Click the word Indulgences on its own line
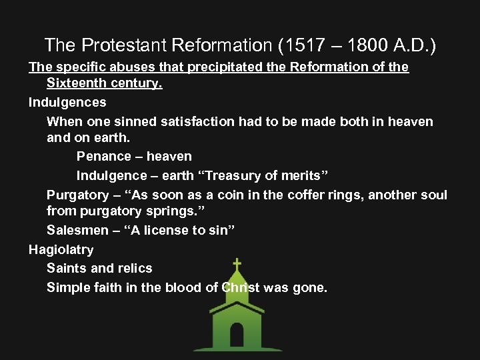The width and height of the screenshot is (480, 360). [67, 103]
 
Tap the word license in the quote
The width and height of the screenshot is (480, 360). [155, 230]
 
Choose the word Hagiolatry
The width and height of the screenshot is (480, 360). [61, 250]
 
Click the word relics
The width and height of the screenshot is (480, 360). [136, 269]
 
